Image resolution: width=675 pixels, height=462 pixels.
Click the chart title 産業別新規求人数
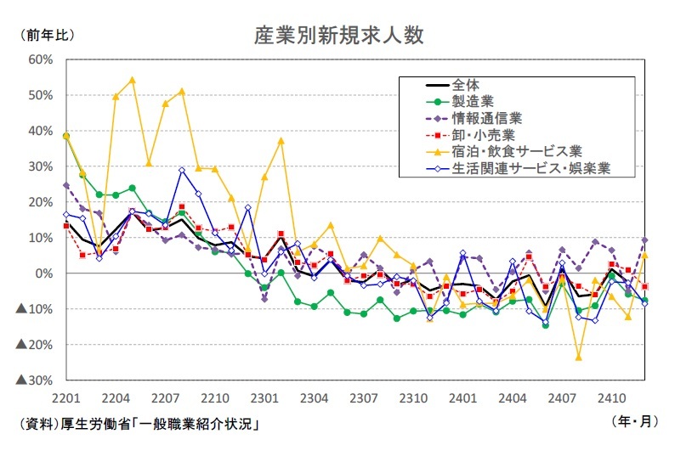point(338,36)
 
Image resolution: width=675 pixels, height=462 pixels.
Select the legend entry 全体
point(466,85)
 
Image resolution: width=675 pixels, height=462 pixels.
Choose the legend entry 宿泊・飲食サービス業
point(516,151)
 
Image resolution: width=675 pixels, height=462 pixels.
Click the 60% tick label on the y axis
point(41,59)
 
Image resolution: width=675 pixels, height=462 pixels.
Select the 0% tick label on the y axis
point(44,273)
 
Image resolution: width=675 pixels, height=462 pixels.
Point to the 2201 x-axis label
point(65,397)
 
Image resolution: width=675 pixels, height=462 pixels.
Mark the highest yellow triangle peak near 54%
point(132,81)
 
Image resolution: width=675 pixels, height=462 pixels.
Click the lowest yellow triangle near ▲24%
point(578,357)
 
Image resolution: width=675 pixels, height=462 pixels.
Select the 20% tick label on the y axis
point(41,202)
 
